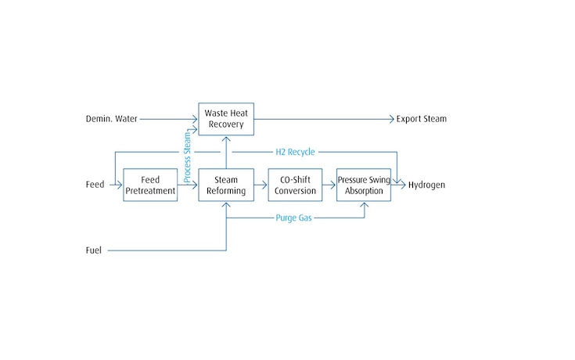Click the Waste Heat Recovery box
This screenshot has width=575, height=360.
tap(226, 119)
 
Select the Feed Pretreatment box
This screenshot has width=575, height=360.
tap(150, 185)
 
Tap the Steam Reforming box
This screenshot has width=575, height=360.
tap(226, 185)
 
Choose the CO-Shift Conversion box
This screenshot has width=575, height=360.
tap(295, 185)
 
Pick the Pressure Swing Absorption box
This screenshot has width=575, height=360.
tap(364, 185)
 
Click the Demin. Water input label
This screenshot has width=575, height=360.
tap(110, 119)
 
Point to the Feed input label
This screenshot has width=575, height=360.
tap(95, 185)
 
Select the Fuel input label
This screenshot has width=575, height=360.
tap(94, 250)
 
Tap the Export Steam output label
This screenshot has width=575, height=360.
tap(422, 119)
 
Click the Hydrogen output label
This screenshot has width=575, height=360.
tap(426, 185)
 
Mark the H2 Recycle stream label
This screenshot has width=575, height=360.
tap(294, 152)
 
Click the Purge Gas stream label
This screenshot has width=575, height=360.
tap(294, 218)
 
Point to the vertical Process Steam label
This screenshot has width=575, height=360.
tap(187, 157)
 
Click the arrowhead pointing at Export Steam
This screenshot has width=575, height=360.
tap(391, 119)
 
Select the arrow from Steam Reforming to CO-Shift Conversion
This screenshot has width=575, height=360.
tap(261, 185)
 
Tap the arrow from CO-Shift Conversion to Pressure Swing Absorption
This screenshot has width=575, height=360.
tap(329, 185)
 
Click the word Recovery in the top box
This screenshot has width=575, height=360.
tap(226, 124)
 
